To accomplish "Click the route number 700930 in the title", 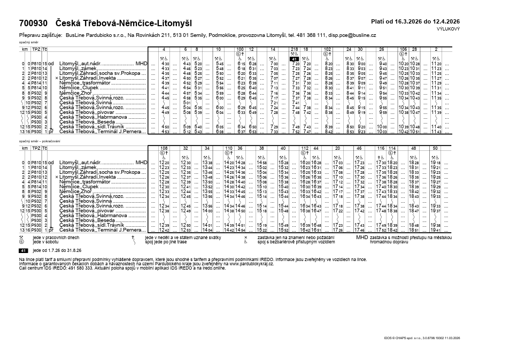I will click(33, 23).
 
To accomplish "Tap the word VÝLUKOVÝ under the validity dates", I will click(449, 28).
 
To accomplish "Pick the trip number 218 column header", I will click(294, 49).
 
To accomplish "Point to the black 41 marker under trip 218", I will click(294, 59).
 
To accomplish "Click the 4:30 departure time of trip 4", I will click(165, 64).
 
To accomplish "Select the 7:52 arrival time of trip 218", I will click(296, 131).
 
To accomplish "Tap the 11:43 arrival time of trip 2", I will click(436, 131).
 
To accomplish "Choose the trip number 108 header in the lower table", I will click(164, 148).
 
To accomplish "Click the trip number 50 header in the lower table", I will click(435, 148).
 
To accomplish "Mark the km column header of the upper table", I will click(25, 49).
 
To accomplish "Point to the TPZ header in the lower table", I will click(36, 148).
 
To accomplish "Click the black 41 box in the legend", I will click(23, 250).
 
